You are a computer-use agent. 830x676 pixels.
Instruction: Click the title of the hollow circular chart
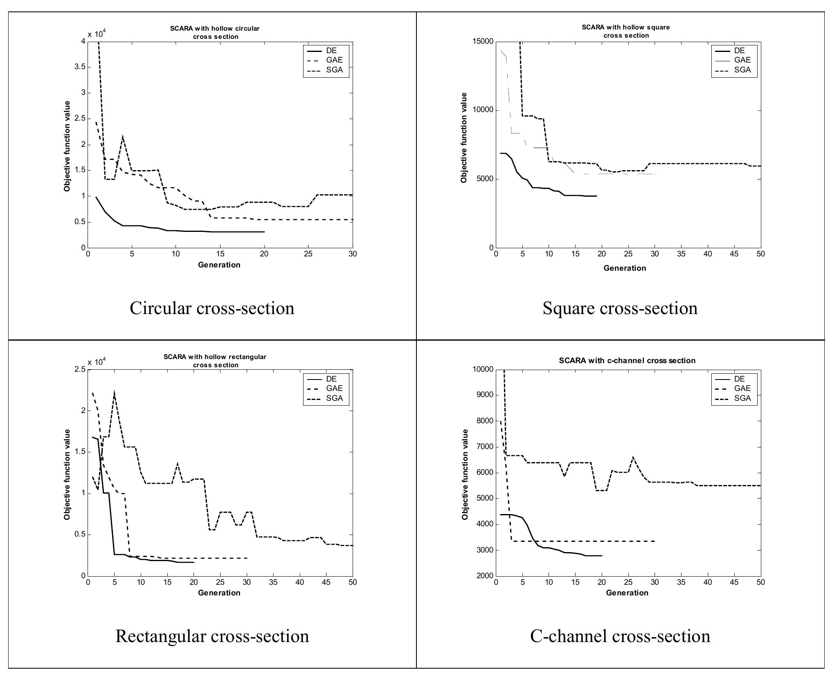[x=215, y=33]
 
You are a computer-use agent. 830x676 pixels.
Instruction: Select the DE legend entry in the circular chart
[x=332, y=51]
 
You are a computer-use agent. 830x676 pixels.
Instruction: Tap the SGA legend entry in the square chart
[x=742, y=70]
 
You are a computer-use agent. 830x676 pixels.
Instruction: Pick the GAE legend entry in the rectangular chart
[x=334, y=389]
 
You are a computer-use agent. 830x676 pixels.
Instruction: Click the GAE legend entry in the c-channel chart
[x=742, y=389]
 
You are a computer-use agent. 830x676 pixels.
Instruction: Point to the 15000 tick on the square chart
[x=484, y=42]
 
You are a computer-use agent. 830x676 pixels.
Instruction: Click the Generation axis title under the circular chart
[x=219, y=265]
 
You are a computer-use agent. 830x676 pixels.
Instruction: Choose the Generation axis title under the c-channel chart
[x=627, y=593]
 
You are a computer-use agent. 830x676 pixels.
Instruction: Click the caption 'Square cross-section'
[x=620, y=308]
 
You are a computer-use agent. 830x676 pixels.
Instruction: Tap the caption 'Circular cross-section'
[x=212, y=308]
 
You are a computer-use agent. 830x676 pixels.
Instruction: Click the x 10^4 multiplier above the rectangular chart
[x=97, y=362]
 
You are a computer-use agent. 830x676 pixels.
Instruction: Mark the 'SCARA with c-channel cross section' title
[x=627, y=361]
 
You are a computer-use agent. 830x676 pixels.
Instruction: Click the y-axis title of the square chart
[x=464, y=138]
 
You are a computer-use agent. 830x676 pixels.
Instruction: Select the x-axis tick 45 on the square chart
[x=734, y=254]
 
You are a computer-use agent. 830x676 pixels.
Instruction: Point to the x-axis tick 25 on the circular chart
[x=308, y=254]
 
